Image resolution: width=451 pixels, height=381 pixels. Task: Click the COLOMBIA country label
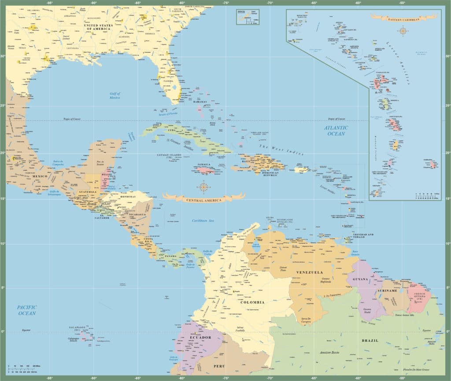252,302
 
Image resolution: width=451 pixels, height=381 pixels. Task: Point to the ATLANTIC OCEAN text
336,131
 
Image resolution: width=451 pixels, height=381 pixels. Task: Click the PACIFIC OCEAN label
27,310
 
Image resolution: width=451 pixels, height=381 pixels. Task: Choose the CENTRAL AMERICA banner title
203,200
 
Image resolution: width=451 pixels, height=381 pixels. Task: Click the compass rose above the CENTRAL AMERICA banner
203,187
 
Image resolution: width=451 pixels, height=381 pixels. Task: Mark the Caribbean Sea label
202,220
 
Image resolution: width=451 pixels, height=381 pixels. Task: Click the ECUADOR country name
201,338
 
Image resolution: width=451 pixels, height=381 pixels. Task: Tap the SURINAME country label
387,291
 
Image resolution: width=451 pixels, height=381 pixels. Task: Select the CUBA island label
172,130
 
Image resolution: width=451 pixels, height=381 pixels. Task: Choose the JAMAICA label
204,165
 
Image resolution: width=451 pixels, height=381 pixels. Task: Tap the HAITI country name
246,161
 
